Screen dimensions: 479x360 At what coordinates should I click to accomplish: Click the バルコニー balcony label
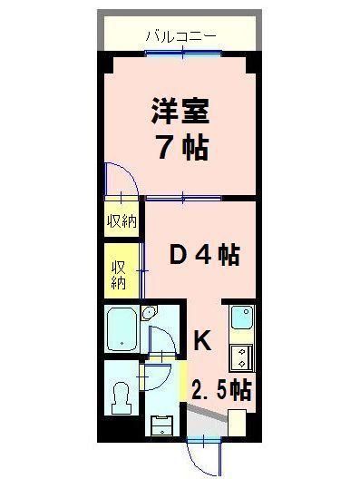[180, 35]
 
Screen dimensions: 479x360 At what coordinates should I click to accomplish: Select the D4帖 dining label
[204, 257]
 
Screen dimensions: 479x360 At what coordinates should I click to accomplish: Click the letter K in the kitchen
[203, 341]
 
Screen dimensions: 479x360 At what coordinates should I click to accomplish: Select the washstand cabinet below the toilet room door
[161, 425]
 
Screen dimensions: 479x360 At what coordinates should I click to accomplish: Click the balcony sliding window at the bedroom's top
[185, 53]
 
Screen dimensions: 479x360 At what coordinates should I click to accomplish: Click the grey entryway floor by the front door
[207, 422]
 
